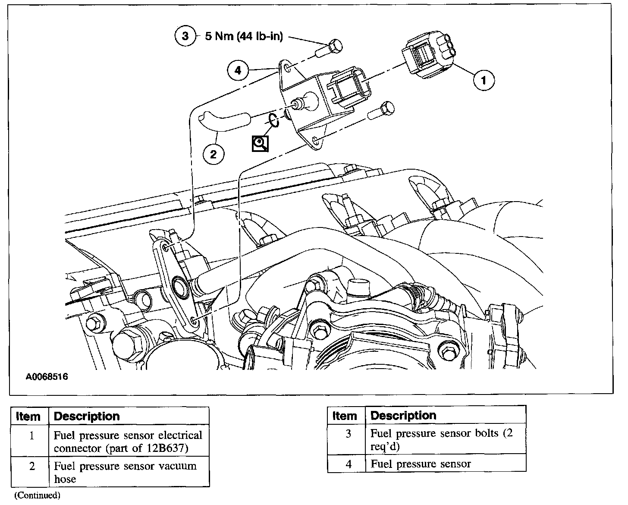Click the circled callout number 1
click(484, 80)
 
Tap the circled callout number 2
click(214, 154)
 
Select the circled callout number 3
click(185, 36)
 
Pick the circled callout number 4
click(238, 70)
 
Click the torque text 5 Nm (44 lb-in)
click(244, 36)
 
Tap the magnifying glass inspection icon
click(261, 143)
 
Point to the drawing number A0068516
click(47, 377)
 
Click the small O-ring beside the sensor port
click(273, 120)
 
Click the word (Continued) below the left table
click(38, 495)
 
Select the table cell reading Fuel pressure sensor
click(445, 464)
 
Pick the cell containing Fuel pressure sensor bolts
click(445, 439)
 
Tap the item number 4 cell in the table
click(349, 464)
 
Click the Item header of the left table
click(28, 417)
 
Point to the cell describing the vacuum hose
click(129, 472)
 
